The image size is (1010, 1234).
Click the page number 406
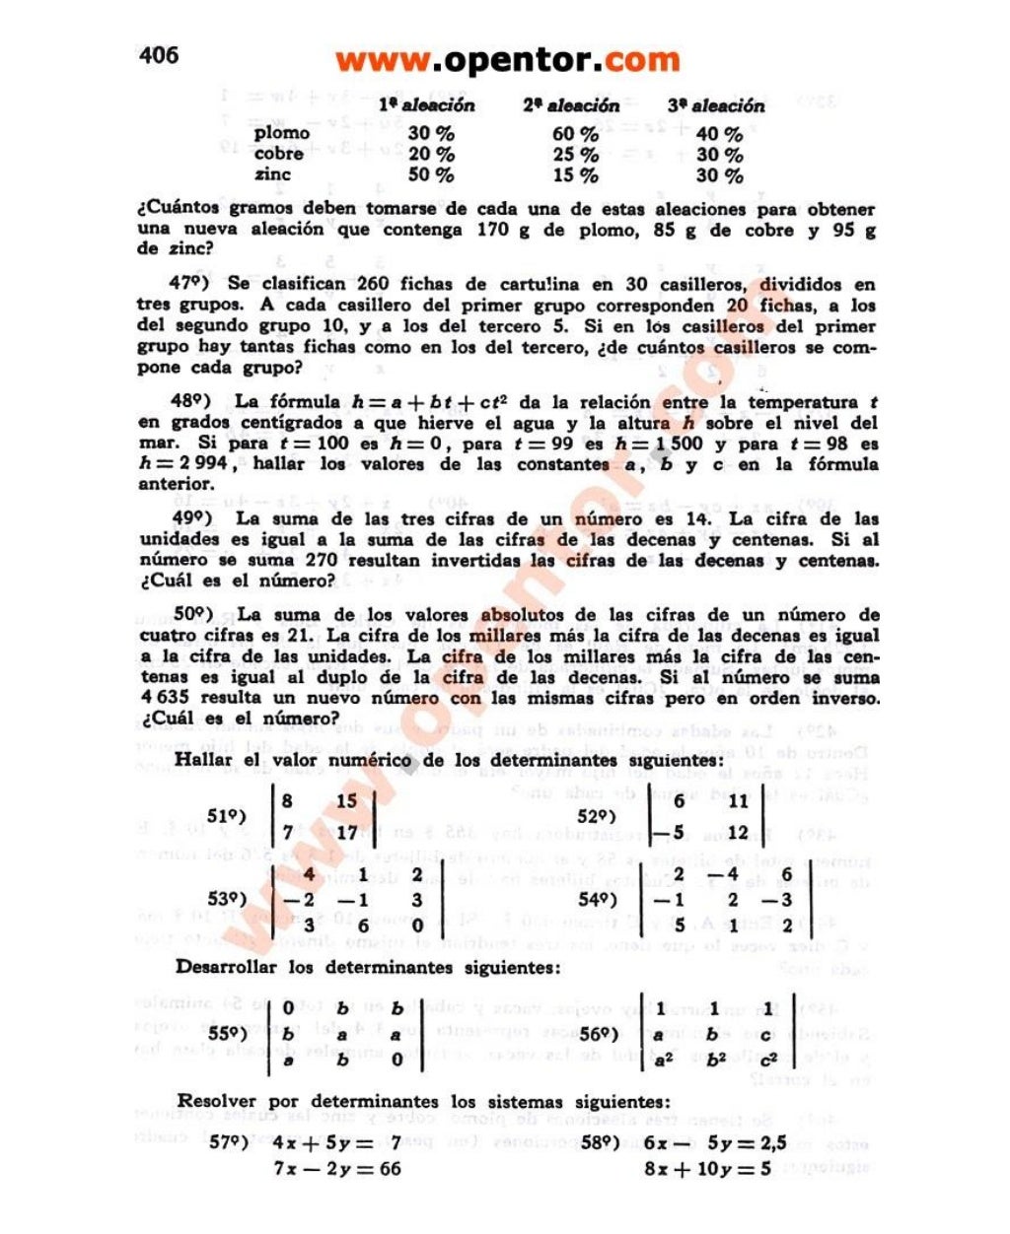tap(159, 54)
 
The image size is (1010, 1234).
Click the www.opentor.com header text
tap(507, 60)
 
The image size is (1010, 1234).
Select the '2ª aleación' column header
tap(571, 105)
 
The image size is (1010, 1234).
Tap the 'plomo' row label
tap(281, 133)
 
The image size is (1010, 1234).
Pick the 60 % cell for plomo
tap(575, 134)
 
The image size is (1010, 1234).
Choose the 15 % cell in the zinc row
tap(575, 175)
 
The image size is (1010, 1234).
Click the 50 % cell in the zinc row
tap(431, 175)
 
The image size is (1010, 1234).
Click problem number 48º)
tap(192, 401)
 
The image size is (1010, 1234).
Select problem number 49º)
tap(192, 518)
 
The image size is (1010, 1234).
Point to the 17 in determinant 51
tap(346, 832)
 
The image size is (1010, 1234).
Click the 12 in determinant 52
tap(739, 832)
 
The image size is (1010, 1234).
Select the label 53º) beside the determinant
tap(226, 899)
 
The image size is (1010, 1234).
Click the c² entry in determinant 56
tap(769, 1061)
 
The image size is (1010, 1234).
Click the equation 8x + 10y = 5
tap(707, 1169)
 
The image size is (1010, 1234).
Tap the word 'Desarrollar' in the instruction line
tap(226, 967)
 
